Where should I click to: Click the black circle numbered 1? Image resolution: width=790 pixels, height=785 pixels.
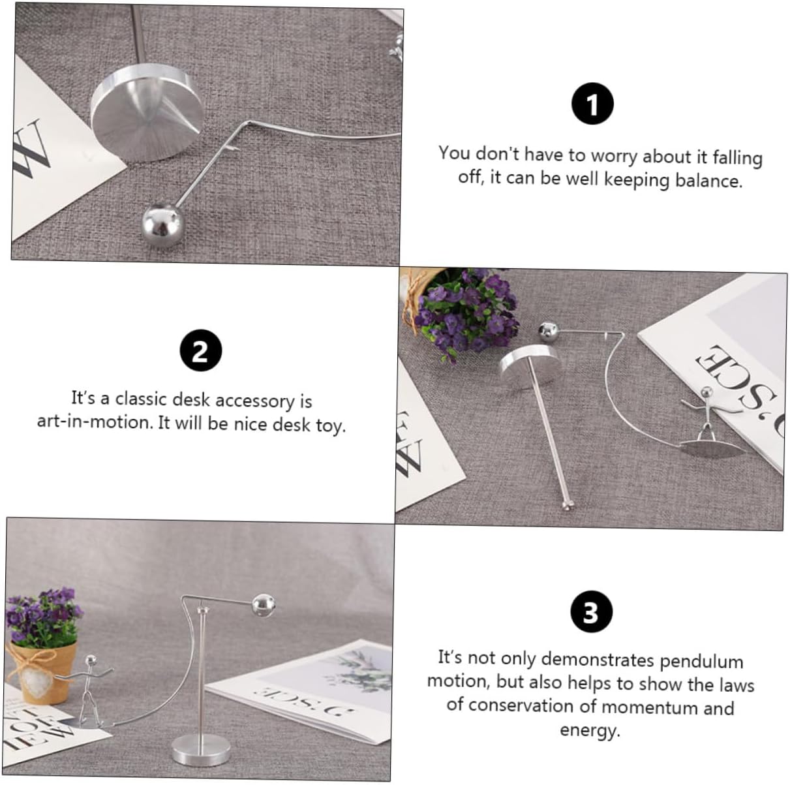[592, 103]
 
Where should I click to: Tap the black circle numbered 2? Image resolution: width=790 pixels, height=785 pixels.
[201, 350]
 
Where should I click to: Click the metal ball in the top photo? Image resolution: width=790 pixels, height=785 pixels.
[162, 226]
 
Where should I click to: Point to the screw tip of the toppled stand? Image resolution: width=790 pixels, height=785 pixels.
[569, 506]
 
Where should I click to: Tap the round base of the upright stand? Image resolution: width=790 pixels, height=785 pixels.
[200, 750]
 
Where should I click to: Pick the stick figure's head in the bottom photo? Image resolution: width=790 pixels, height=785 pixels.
[90, 660]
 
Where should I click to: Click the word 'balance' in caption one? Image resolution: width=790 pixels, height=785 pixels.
[709, 181]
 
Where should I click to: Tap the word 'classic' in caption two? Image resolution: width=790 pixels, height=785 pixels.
[142, 399]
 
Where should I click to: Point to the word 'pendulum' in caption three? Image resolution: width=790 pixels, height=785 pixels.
[701, 661]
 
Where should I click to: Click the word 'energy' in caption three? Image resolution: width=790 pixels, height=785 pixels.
[590, 730]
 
